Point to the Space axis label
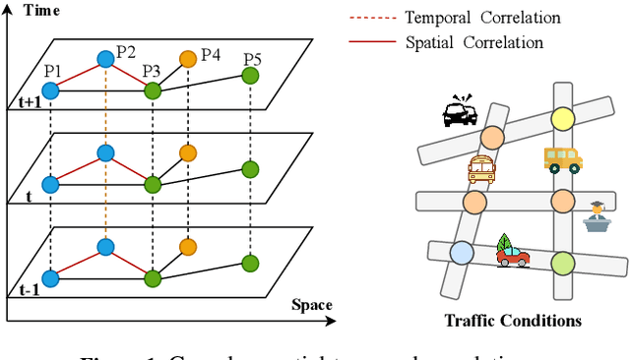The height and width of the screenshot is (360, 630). pyautogui.click(x=311, y=305)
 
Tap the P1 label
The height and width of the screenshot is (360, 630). pyautogui.click(x=51, y=72)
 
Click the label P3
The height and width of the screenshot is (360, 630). pyautogui.click(x=151, y=72)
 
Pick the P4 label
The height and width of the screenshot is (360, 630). pyautogui.click(x=211, y=53)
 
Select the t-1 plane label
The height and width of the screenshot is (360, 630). pyautogui.click(x=25, y=291)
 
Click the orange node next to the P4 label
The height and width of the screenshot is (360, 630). pyautogui.click(x=187, y=59)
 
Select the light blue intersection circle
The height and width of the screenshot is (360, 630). pyautogui.click(x=461, y=254)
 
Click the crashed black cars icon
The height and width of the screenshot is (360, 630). pyautogui.click(x=460, y=112)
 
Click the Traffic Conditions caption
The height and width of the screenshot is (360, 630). pyautogui.click(x=513, y=321)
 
